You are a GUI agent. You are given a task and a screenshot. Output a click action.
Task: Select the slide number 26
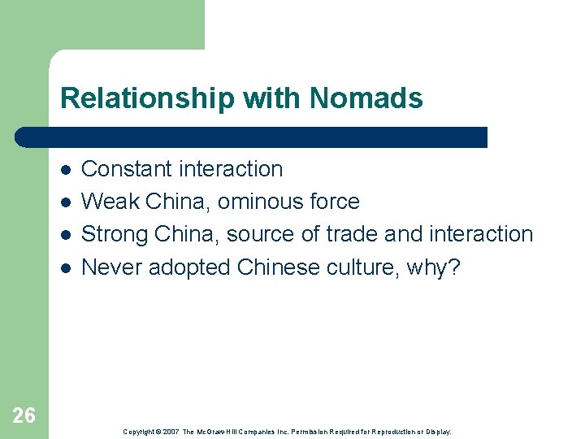point(24,415)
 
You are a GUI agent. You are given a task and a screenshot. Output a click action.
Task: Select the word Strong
point(112,234)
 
